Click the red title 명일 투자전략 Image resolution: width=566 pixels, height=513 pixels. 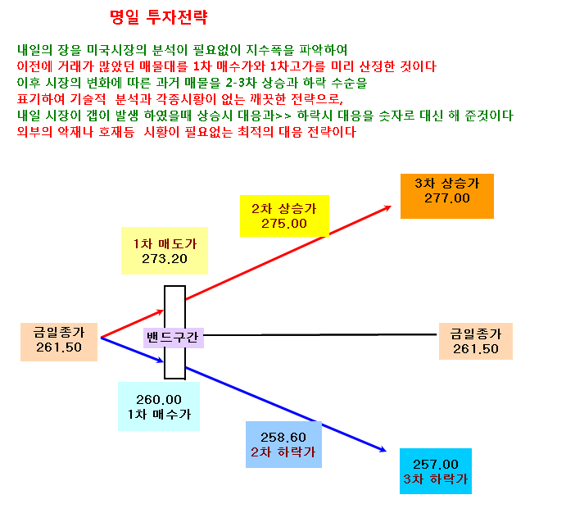click(x=158, y=17)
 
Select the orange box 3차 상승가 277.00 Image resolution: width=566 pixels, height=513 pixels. click(x=447, y=196)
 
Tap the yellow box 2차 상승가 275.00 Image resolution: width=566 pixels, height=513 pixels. click(x=284, y=216)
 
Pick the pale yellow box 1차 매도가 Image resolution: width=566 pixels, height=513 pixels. click(x=165, y=251)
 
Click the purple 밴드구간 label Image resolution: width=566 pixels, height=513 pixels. click(x=174, y=338)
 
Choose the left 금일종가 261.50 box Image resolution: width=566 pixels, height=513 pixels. click(x=59, y=342)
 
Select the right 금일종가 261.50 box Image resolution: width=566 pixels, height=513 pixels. click(x=476, y=341)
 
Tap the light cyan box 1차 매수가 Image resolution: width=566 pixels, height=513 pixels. click(x=159, y=406)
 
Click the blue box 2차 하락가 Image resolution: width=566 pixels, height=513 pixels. click(x=283, y=444)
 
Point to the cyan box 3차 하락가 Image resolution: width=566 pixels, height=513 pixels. click(x=436, y=471)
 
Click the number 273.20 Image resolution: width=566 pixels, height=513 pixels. click(x=165, y=259)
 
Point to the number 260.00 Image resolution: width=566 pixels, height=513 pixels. click(x=159, y=400)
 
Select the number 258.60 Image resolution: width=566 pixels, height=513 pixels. click(x=283, y=438)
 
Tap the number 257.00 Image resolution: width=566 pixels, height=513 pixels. click(x=436, y=465)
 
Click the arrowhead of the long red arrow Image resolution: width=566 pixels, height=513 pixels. click(x=388, y=207)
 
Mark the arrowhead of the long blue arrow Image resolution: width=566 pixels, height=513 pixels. click(x=383, y=450)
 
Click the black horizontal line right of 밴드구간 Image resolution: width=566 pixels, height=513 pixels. click(x=320, y=335)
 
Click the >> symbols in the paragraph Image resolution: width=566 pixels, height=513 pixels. click(x=283, y=116)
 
